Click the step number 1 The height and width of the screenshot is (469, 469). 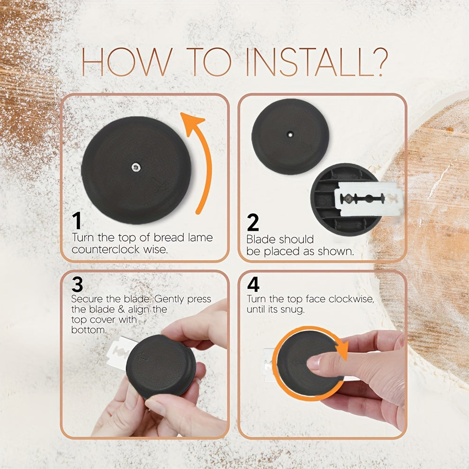77,221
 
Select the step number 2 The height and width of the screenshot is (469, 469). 253,222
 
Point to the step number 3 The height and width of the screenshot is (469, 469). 77,284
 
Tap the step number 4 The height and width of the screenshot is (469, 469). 253,285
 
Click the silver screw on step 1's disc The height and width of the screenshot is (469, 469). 136,167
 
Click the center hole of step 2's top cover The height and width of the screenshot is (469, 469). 290,135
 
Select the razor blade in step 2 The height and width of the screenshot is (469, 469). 368,199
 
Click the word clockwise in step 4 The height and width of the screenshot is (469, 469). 351,299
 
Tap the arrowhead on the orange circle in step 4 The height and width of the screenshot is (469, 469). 341,350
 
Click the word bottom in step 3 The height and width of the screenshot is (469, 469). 89,330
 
